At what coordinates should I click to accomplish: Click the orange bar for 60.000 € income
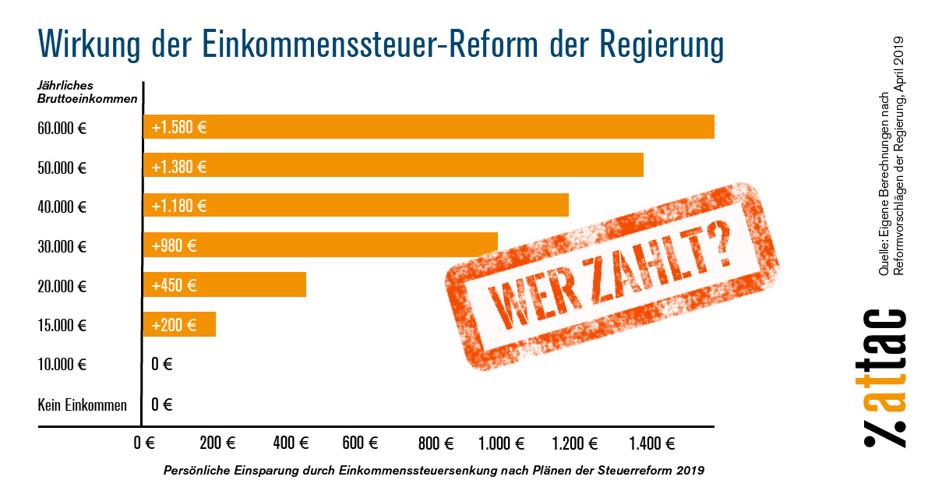[x=429, y=127]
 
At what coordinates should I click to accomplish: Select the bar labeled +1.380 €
[x=393, y=166]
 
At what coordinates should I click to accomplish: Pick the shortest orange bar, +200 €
[x=179, y=324]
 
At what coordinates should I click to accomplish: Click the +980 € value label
[x=175, y=245]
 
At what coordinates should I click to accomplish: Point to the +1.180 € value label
[x=179, y=206]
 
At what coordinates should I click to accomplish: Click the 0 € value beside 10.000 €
[x=162, y=364]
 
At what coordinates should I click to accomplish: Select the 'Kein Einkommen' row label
[x=82, y=404]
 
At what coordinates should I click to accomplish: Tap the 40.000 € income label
[x=62, y=207]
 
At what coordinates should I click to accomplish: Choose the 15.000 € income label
[x=62, y=325]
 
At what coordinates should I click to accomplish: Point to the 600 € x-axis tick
[x=360, y=444]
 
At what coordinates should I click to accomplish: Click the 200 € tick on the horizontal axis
[x=217, y=444]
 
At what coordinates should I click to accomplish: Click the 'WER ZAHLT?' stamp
[x=612, y=277]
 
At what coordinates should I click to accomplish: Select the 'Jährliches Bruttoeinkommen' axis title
[x=87, y=92]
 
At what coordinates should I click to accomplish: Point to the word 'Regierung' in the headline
[x=662, y=44]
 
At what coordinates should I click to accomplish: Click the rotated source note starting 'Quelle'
[x=891, y=156]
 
